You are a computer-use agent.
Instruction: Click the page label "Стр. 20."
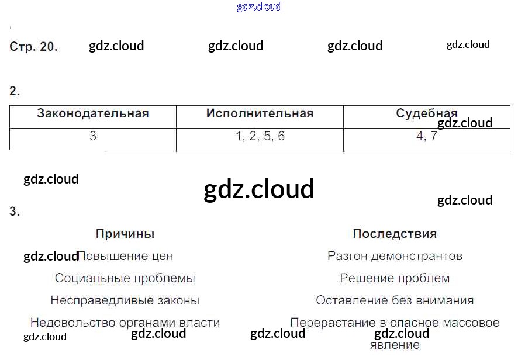[33, 47]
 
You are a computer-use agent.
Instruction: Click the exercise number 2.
[15, 91]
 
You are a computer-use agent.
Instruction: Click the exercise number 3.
[15, 212]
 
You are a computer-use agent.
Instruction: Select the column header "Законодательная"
[93, 114]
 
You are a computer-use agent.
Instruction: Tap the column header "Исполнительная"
[260, 114]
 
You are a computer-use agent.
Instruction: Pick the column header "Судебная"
[426, 113]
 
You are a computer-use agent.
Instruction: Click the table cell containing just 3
[93, 137]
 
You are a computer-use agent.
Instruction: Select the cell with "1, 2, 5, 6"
[260, 137]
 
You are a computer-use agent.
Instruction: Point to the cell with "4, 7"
[426, 137]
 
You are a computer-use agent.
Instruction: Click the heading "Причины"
[125, 234]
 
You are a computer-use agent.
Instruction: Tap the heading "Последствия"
[395, 234]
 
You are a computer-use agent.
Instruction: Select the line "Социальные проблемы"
[125, 279]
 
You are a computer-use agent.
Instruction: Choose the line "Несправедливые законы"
[125, 301]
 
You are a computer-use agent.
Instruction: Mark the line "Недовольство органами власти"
[125, 323]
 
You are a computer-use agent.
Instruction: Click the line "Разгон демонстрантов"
[395, 257]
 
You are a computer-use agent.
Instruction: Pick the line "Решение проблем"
[395, 279]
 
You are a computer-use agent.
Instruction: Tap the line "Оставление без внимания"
[395, 301]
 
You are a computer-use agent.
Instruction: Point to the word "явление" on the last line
[395, 345]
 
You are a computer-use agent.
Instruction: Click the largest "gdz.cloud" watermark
[259, 189]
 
